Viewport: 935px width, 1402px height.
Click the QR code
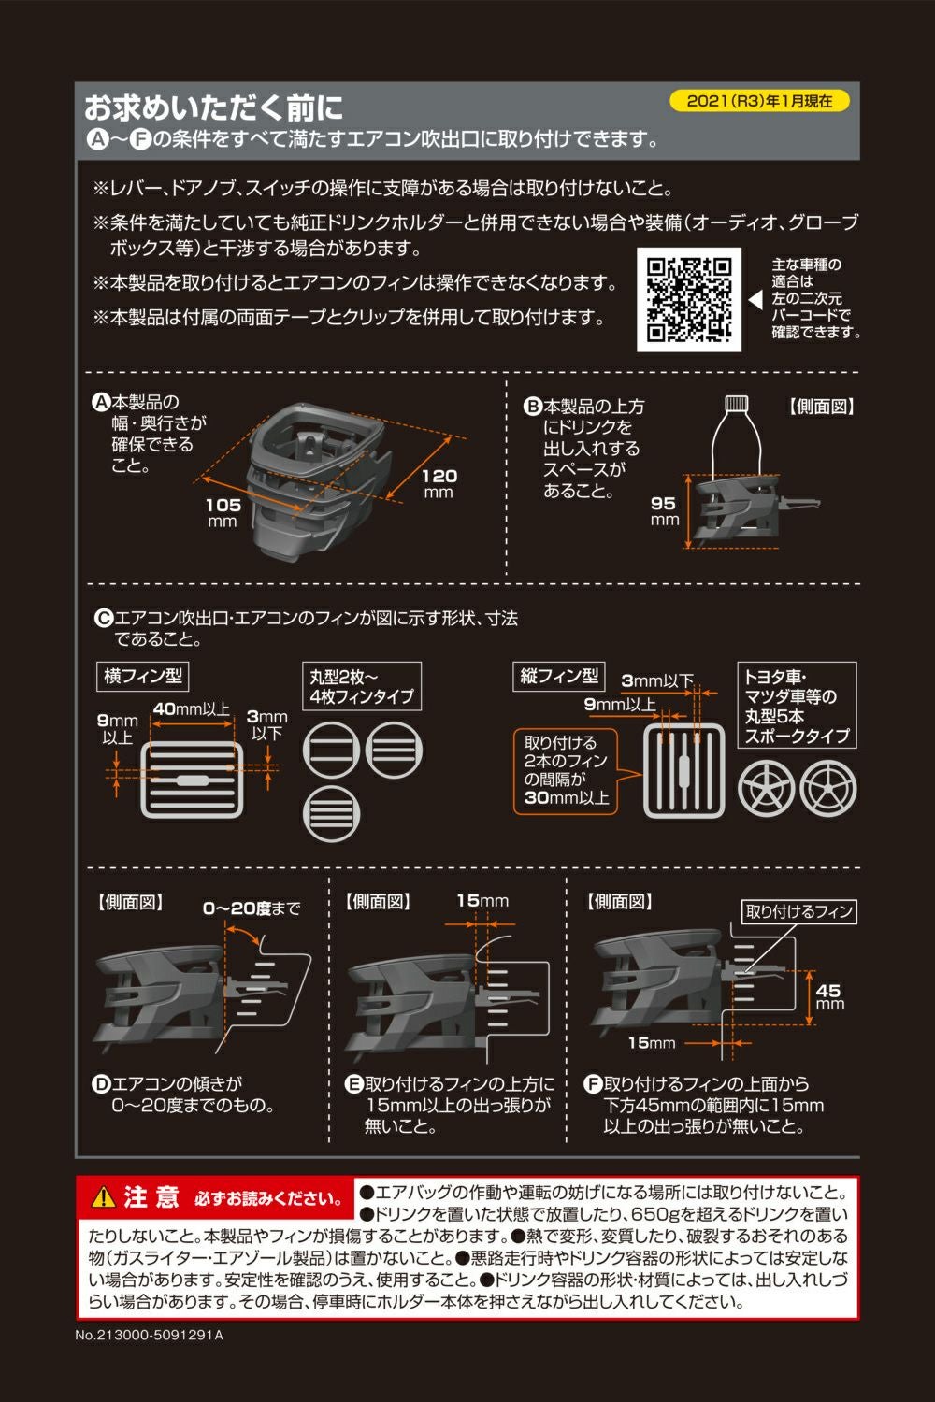point(689,299)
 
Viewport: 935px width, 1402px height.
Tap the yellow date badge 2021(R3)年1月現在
point(759,101)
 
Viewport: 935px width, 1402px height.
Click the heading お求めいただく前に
point(214,108)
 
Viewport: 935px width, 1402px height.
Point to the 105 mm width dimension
point(223,510)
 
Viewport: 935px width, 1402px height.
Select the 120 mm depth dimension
point(439,482)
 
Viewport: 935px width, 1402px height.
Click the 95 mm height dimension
point(664,510)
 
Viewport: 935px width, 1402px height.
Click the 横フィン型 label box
point(143,676)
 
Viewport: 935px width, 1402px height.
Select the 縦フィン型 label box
point(559,676)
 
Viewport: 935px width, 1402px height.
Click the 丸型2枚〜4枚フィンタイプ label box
point(362,687)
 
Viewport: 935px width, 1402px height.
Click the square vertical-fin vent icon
point(684,769)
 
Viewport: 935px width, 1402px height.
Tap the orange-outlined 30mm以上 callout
point(566,770)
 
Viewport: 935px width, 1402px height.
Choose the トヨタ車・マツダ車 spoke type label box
point(797,706)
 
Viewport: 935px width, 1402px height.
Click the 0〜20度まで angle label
point(252,908)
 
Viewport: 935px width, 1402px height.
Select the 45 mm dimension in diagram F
point(828,996)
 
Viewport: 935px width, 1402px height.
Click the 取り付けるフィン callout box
point(799,911)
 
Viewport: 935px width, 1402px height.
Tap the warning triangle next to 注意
point(103,1196)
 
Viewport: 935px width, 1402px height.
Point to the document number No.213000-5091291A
point(150,1335)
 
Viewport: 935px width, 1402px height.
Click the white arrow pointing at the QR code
point(755,300)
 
